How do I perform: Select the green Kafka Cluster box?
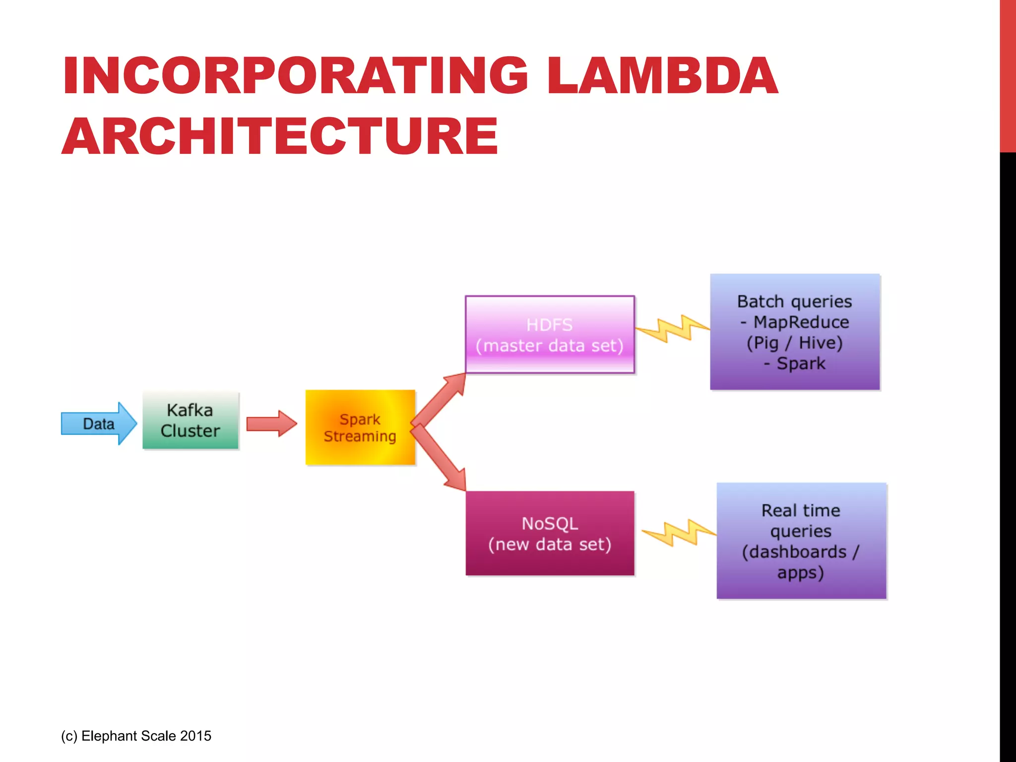click(190, 420)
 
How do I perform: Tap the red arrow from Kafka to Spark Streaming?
click(271, 424)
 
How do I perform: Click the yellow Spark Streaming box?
click(360, 427)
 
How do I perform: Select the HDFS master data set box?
click(550, 334)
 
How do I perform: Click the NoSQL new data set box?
click(550, 533)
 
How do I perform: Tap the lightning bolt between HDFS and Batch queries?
click(673, 328)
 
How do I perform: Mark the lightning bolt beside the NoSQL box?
click(679, 533)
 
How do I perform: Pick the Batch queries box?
click(795, 332)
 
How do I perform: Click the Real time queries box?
click(801, 541)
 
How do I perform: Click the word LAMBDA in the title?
click(662, 75)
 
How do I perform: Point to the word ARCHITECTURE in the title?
click(280, 136)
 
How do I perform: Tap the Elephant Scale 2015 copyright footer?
click(136, 736)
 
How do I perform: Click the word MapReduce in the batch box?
click(801, 322)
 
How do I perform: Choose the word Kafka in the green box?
click(190, 410)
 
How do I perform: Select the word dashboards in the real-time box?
click(797, 552)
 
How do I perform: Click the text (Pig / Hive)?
click(795, 343)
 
